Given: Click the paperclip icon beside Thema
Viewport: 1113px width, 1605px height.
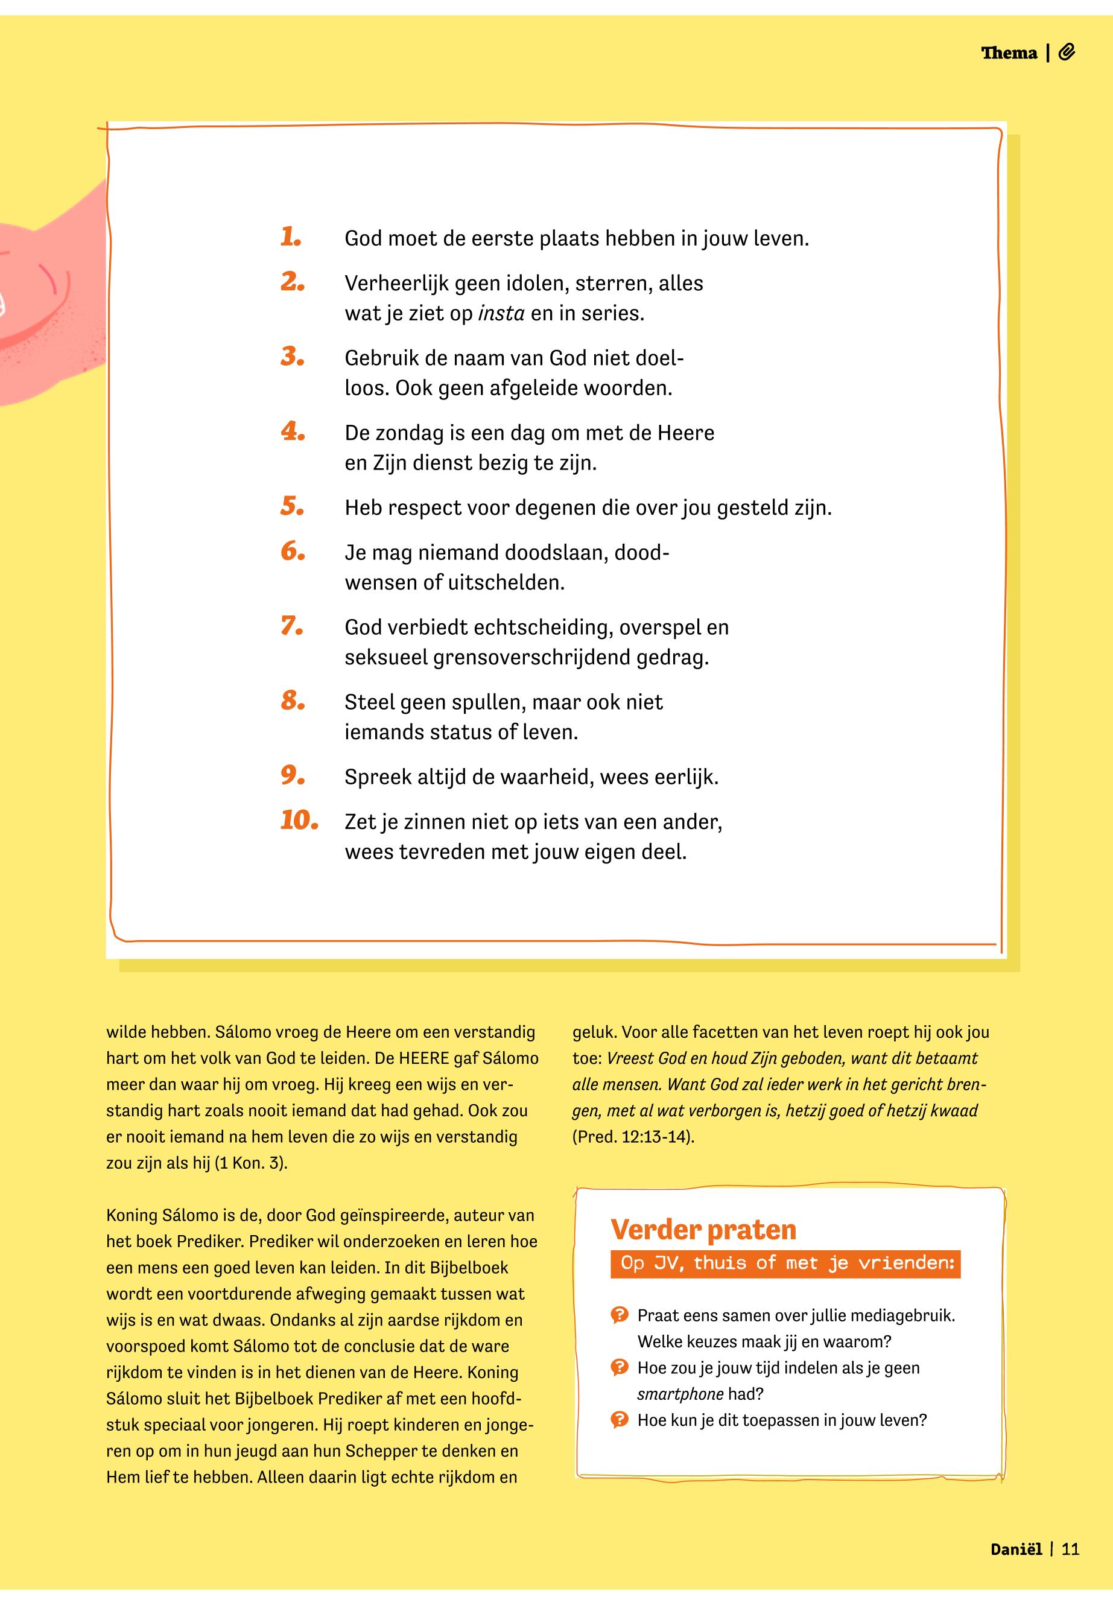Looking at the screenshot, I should [x=1067, y=52].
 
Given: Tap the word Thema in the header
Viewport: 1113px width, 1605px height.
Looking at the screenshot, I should [x=1009, y=53].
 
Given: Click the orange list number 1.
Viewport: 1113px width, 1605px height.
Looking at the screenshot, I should [x=291, y=237].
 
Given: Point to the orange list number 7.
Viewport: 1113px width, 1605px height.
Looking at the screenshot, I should [x=292, y=626].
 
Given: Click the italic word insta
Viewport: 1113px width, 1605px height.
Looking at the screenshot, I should [x=501, y=313].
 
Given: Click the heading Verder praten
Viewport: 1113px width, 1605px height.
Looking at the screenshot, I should [x=703, y=1229].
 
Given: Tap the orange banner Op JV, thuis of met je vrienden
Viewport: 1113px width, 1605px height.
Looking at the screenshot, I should [x=785, y=1263].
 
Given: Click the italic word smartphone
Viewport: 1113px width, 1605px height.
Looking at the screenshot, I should [x=680, y=1394].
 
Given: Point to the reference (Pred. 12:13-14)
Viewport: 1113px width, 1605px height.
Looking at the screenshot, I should [x=633, y=1136].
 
